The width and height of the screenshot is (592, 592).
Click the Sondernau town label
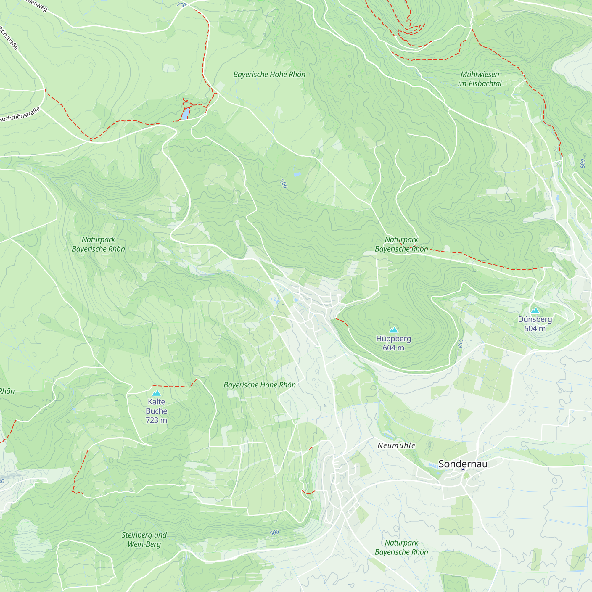click(x=463, y=464)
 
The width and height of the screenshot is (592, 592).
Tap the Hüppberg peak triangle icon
click(x=393, y=330)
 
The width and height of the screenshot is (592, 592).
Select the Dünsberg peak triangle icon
click(x=535, y=311)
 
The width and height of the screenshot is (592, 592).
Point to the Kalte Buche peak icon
click(x=156, y=393)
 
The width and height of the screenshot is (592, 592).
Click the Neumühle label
click(x=396, y=445)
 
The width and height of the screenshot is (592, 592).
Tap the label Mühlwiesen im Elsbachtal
click(x=480, y=79)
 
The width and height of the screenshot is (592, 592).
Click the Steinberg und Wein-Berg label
click(x=144, y=540)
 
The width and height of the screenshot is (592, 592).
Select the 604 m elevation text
click(x=393, y=348)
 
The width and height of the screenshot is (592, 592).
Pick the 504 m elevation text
click(x=535, y=329)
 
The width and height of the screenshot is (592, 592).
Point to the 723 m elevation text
click(x=156, y=420)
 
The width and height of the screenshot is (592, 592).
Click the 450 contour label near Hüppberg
click(x=461, y=344)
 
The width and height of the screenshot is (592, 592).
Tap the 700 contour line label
click(x=284, y=184)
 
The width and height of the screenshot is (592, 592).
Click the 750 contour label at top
click(x=181, y=5)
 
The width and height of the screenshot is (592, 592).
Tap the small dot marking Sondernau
click(x=463, y=469)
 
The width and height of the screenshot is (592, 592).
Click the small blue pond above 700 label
click(x=297, y=174)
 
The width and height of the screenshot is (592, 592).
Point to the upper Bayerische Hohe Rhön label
click(x=269, y=75)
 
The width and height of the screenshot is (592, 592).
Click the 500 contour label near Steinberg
click(x=274, y=533)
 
